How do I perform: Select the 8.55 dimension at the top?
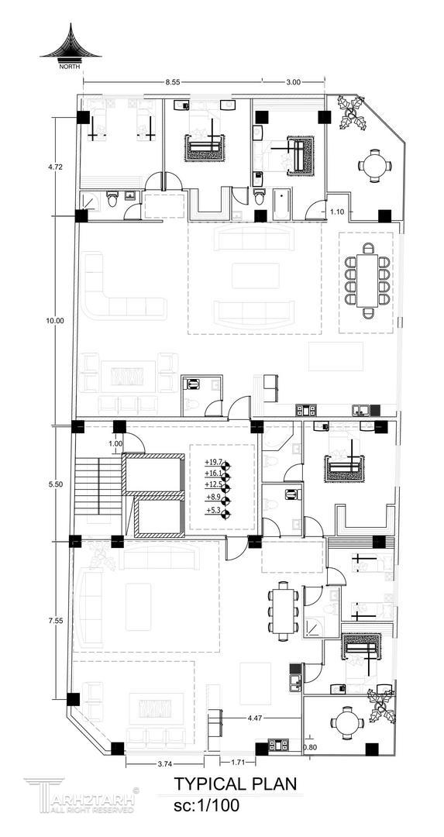click(x=172, y=82)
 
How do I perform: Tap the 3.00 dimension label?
click(x=294, y=82)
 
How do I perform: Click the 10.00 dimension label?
click(x=56, y=321)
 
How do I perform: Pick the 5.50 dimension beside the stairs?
click(x=56, y=484)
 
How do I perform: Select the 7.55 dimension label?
click(x=56, y=621)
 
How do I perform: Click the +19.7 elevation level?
click(x=213, y=462)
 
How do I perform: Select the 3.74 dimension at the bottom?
click(x=165, y=764)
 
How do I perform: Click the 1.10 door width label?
click(x=337, y=212)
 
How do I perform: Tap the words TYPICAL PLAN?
click(x=236, y=784)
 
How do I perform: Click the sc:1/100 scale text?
click(x=207, y=804)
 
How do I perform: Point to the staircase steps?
click(x=98, y=486)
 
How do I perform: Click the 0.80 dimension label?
click(x=309, y=747)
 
